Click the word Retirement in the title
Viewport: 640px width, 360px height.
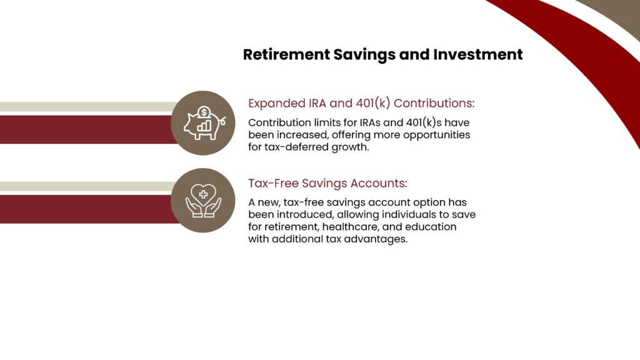click(x=286, y=54)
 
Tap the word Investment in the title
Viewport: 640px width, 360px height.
click(x=478, y=54)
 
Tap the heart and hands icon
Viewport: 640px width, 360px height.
click(x=203, y=201)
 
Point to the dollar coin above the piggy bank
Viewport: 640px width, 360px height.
click(x=204, y=112)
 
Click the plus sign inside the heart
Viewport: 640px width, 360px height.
click(x=203, y=195)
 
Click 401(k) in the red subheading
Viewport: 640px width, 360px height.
click(x=373, y=103)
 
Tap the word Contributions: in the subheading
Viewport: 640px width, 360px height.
click(x=434, y=103)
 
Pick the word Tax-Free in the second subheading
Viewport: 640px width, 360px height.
click(x=273, y=183)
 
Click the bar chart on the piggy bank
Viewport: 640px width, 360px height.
click(x=204, y=126)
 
